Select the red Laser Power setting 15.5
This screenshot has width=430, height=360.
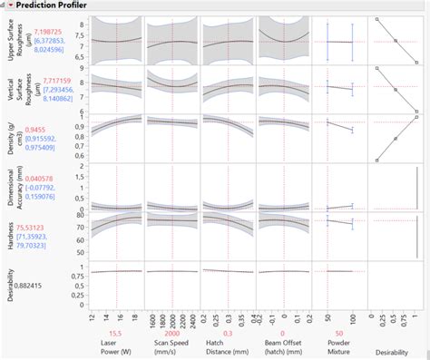[x=117, y=334]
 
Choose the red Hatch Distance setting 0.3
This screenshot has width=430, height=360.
[x=227, y=334]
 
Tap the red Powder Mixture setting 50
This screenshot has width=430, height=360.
[x=338, y=334]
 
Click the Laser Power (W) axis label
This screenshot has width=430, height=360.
[x=117, y=349]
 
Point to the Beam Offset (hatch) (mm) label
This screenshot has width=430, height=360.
[x=282, y=349]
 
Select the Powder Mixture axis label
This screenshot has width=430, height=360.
[x=338, y=349]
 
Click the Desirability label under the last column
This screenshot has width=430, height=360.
[x=395, y=351]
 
